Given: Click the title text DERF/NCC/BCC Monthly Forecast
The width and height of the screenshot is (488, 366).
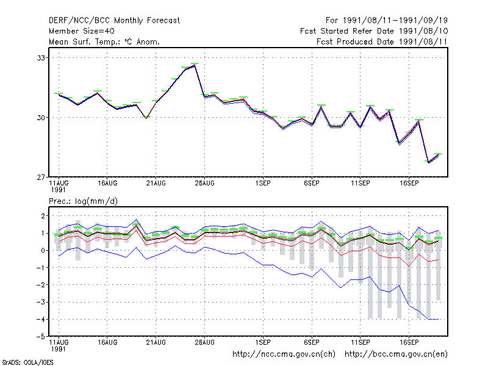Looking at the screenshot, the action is [114, 21].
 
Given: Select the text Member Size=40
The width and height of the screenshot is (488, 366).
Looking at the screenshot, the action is [82, 31].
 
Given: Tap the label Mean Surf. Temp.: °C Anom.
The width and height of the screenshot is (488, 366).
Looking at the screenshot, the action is [104, 41].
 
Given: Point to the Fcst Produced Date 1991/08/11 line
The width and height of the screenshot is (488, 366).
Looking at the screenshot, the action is [382, 41].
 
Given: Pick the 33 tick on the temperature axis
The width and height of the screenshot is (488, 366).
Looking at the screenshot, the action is [41, 58].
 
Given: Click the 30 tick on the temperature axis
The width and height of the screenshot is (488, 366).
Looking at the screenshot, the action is [41, 118].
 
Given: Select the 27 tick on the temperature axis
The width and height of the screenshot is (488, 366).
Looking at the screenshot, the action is [41, 178].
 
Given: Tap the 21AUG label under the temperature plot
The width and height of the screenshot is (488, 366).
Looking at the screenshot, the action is [156, 184].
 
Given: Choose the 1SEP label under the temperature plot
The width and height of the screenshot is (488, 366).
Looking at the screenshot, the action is [263, 184].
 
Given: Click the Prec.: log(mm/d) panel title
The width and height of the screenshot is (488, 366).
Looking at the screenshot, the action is [83, 201].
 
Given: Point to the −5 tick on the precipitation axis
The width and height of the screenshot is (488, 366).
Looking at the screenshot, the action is [40, 337].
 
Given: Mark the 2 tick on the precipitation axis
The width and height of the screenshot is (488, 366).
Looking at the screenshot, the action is [43, 216].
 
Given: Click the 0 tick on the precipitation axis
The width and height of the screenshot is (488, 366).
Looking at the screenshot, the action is [43, 251].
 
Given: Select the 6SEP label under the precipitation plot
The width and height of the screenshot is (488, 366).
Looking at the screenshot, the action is [312, 342].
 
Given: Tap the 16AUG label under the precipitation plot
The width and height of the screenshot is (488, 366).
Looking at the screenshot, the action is [107, 342].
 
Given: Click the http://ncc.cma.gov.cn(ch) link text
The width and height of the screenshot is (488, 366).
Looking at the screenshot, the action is [284, 354].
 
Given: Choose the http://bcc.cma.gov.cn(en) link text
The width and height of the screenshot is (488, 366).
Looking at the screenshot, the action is [396, 354].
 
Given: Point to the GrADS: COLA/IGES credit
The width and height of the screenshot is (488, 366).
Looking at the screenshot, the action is [28, 362].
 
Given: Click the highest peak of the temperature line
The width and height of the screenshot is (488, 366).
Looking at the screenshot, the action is [195, 65].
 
